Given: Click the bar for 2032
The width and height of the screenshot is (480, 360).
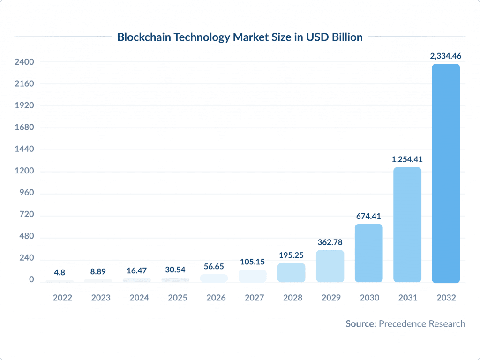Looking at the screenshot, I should click(445, 173).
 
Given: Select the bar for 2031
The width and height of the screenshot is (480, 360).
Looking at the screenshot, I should click(407, 225).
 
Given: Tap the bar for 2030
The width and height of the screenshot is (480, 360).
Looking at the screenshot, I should click(368, 253).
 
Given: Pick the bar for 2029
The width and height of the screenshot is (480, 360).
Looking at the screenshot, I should click(330, 266).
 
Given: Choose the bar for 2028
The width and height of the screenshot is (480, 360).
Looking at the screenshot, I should click(292, 273).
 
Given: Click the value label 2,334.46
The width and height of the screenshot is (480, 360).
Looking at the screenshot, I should click(445, 56).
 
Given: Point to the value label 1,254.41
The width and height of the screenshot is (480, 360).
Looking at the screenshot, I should click(407, 159).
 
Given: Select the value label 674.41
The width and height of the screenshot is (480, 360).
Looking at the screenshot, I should click(368, 216).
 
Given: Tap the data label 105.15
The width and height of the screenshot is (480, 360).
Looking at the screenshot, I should click(253, 262).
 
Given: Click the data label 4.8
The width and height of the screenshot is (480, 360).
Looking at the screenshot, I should click(60, 272).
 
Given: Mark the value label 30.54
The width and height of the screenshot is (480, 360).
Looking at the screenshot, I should click(176, 270).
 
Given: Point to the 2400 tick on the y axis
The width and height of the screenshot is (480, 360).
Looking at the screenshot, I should click(24, 62).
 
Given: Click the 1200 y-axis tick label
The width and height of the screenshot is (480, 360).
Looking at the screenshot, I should click(24, 171).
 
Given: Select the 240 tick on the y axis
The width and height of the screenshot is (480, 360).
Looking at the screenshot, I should click(26, 259).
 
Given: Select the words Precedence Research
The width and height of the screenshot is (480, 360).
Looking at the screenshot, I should click(422, 324).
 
